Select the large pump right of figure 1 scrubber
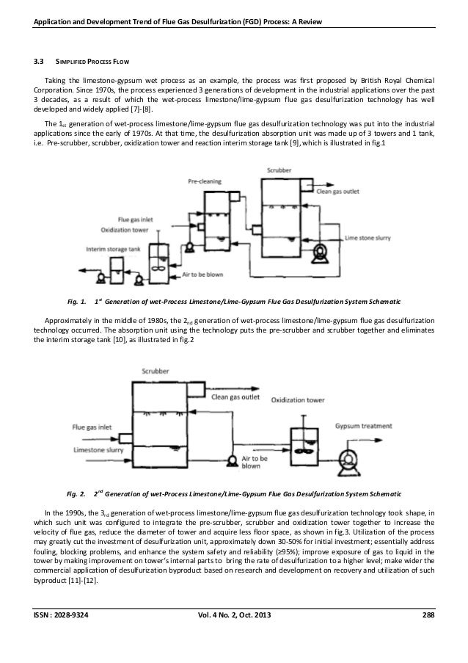[319, 253]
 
